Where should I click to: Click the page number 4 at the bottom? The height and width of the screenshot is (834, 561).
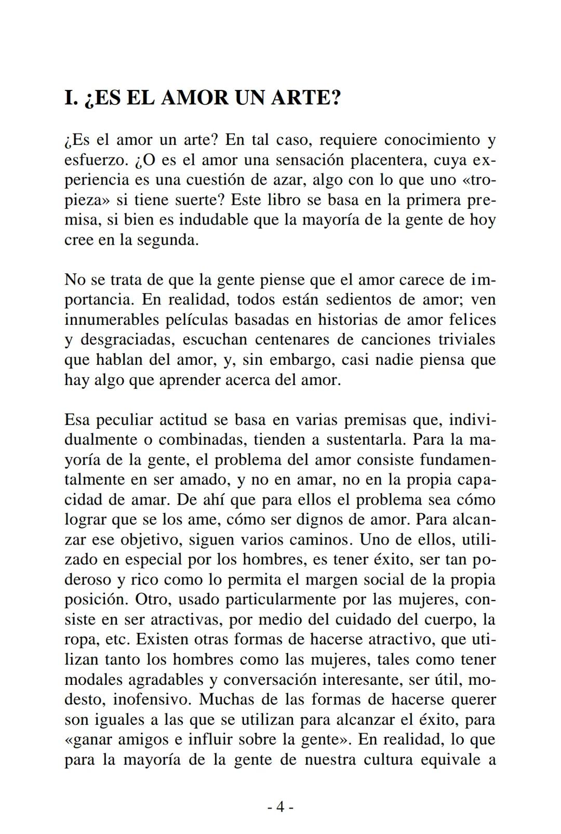[280, 807]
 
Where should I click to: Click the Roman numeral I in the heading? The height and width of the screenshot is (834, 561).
[69, 98]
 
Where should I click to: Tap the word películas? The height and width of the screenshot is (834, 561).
[196, 320]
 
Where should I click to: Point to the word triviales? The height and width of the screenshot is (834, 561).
[466, 340]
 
